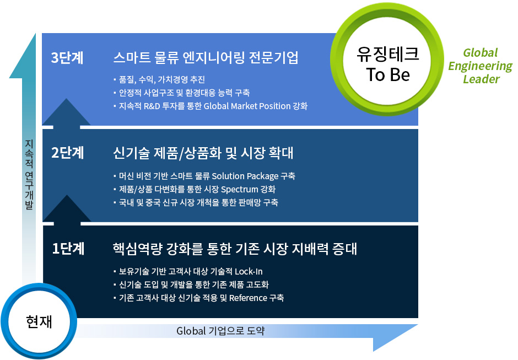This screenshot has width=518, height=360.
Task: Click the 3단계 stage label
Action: pos(67,57)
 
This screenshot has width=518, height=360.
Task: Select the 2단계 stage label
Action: pos(67,153)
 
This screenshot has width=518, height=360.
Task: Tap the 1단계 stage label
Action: pos(68,249)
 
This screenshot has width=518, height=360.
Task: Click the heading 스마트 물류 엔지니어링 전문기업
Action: pos(206,57)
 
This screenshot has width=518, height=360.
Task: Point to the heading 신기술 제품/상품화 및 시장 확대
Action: pos(203,153)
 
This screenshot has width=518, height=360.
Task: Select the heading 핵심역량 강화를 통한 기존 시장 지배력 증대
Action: pos(235,249)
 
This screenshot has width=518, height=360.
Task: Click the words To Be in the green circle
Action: pos(388,74)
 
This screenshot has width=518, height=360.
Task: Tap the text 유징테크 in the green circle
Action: pos(388,54)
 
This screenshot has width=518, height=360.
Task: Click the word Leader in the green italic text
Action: pos(481,79)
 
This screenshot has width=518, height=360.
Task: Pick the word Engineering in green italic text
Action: pos(480,66)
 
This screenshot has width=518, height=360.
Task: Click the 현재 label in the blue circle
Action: pos(39,321)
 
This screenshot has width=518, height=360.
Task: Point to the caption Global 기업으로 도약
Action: pos(220,331)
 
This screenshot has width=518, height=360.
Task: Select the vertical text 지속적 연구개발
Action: pos(29,175)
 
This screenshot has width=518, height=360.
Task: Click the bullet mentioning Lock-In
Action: pos(188,271)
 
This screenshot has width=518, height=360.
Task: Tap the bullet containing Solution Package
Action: pos(204,176)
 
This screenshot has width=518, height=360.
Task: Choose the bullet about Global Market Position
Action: pos(210,106)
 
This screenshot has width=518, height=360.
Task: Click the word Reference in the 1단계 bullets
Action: pos(248,298)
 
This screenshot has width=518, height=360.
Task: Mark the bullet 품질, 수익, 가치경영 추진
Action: pos(159,79)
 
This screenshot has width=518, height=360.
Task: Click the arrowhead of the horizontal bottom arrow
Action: pos(396,337)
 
